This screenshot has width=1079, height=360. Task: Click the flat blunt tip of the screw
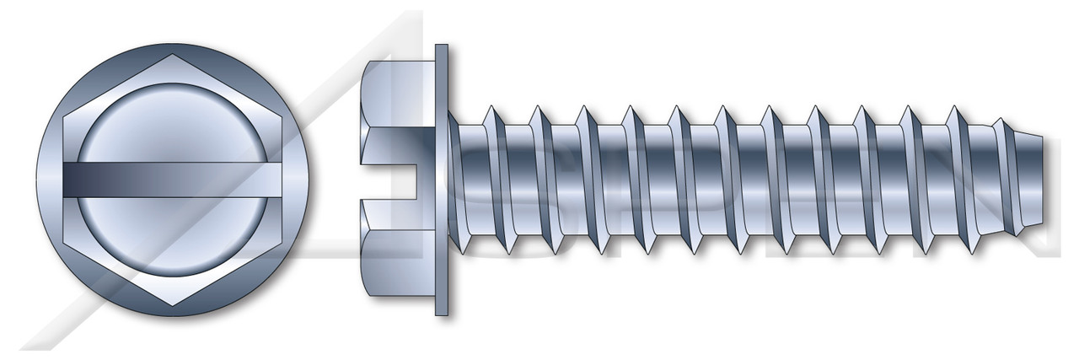click(x=1050, y=180)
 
